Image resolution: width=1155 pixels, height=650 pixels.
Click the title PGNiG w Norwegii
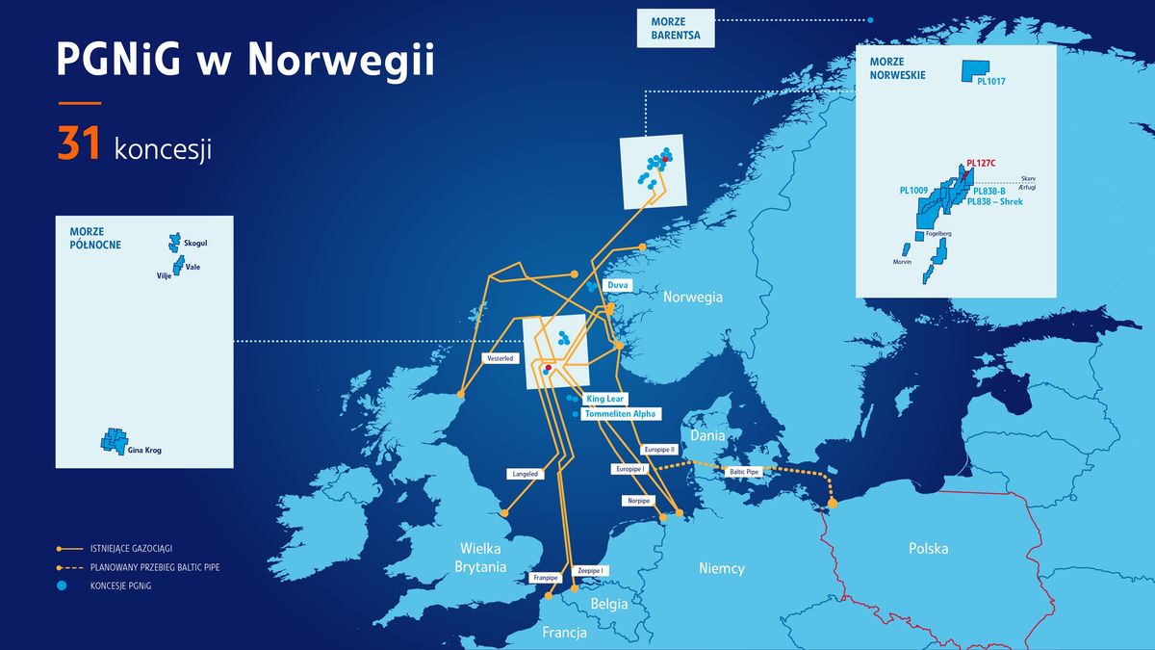245,60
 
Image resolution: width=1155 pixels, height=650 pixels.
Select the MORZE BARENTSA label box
675,29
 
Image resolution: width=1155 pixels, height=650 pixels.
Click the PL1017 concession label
989,82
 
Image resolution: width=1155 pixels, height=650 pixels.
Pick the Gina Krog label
146,450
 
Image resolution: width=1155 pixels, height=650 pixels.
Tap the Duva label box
617,286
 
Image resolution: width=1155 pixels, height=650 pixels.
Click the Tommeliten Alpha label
620,413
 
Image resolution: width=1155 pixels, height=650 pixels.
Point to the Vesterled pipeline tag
500,358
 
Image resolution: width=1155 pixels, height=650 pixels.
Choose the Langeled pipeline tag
526,474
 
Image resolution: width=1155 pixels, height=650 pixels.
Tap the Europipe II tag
659,450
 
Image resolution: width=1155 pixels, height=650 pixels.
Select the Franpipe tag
546,578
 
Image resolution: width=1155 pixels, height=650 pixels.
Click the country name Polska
928,549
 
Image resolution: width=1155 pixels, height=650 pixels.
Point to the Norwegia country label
692,298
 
